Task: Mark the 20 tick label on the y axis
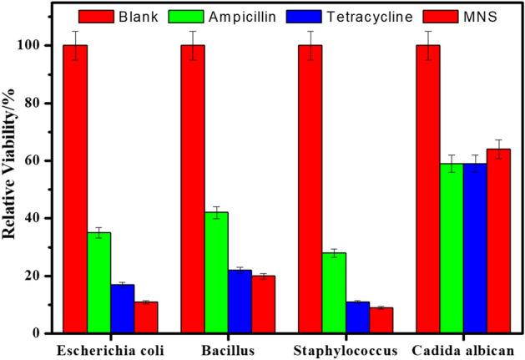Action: tap(38, 276)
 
